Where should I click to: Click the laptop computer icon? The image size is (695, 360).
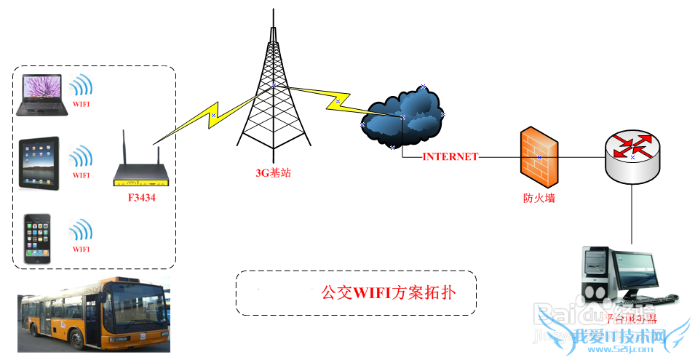coord(42,95)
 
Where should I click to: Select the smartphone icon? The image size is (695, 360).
coord(37,239)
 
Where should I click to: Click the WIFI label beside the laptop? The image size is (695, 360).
coord(82,104)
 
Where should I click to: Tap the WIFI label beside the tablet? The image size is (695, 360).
coord(82,175)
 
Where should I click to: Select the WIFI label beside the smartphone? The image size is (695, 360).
coord(82,249)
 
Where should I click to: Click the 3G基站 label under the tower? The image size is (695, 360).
coord(273,173)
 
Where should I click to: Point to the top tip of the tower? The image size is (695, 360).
coord(273,10)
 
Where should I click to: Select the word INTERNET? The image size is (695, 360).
coord(450,156)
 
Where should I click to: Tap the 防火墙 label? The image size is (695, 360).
coord(539,197)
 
